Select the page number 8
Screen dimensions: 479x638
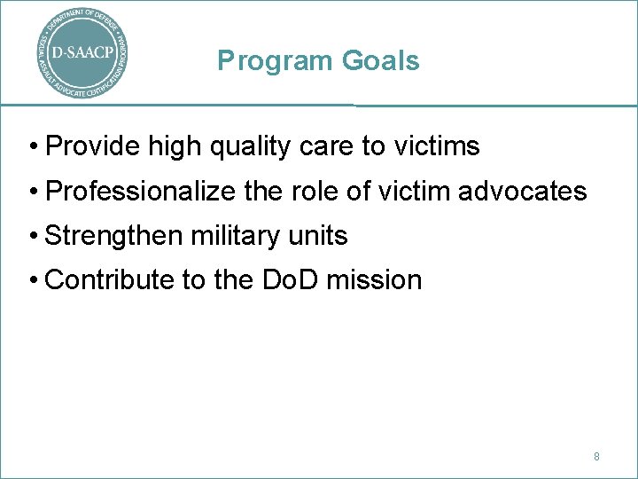click(596, 456)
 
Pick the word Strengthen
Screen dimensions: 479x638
click(112, 236)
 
